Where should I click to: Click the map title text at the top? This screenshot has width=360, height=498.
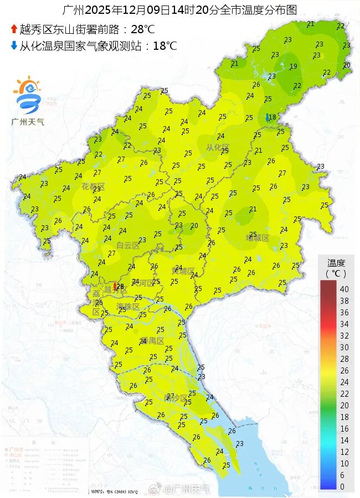tap(179, 10)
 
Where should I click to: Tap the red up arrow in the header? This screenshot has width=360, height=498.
tap(13, 29)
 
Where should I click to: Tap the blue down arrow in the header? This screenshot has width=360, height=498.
tap(13, 45)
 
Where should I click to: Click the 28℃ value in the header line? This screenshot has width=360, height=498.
tap(142, 29)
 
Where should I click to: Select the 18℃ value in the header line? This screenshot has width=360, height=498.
tap(164, 45)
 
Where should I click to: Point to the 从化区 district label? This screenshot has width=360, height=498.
tap(218, 147)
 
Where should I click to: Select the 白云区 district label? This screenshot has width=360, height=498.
tap(128, 245)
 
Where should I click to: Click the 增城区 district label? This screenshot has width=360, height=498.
tap(257, 238)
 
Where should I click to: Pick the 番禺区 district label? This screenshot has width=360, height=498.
tap(152, 340)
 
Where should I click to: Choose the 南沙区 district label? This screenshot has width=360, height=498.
tap(176, 397)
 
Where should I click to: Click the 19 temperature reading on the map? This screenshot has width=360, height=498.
tap(294, 66)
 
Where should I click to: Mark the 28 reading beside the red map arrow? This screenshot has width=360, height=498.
tap(120, 286)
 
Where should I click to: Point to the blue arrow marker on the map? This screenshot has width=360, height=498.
tap(268, 117)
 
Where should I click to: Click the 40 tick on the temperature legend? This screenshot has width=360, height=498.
tap(344, 289)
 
